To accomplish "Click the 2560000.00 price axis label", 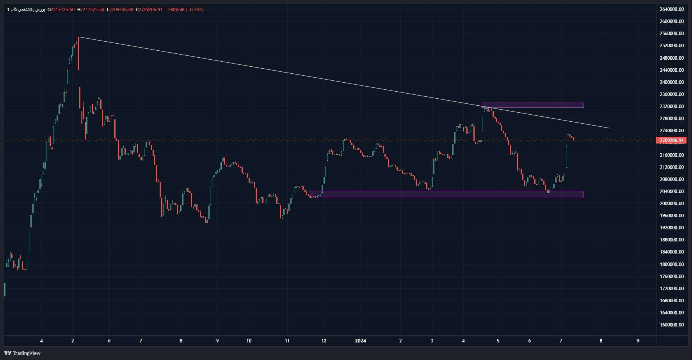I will tap(671, 34).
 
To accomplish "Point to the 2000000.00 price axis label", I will tap(671, 204).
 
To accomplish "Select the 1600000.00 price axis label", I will tap(671, 325).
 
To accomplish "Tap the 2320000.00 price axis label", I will tap(671, 106).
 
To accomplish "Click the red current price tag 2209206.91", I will tap(671, 140).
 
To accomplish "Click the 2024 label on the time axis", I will tap(360, 341).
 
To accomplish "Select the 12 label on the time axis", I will tap(324, 341).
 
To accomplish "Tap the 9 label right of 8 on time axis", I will tap(637, 341).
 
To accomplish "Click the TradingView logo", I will tap(22, 353).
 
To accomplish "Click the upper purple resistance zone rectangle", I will tap(532, 105).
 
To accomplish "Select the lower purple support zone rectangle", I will tap(447, 194).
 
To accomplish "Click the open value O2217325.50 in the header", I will tap(61, 10).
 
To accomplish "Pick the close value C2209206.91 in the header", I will tap(149, 10).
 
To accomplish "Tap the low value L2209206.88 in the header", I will tap(120, 10).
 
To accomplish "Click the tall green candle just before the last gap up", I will tap(566, 157).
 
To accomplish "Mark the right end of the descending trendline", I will tap(609, 128).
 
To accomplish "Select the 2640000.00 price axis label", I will tap(671, 9).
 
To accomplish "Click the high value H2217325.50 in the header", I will tap(91, 10).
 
